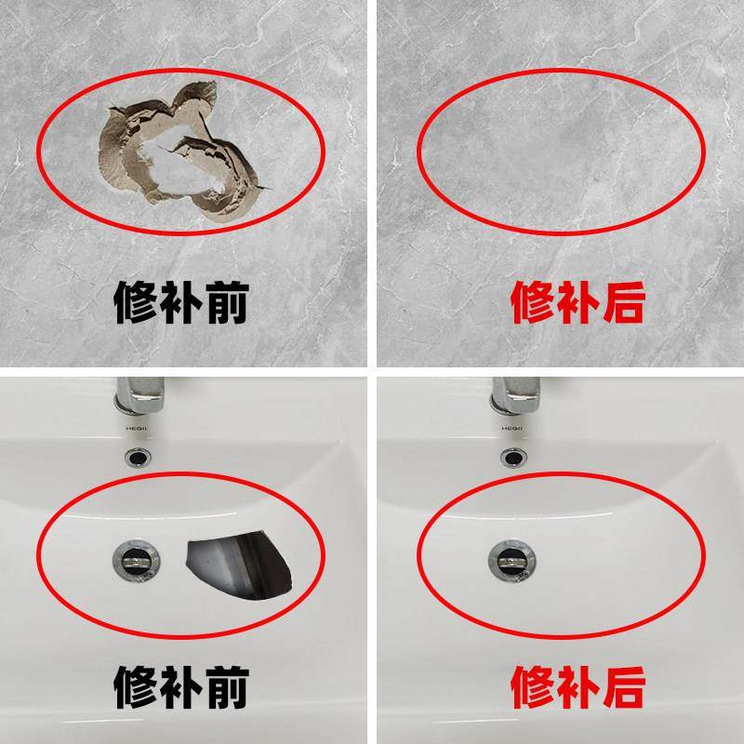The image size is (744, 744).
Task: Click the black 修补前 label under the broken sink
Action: [181, 689]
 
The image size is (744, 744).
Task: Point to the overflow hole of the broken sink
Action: [139, 456]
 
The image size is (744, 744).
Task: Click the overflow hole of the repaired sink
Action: [511, 456]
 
